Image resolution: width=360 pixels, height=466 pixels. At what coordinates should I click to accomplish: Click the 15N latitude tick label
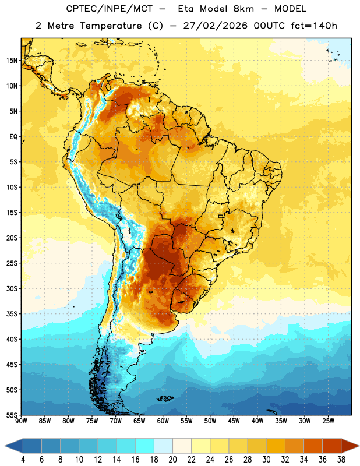click(x=12, y=61)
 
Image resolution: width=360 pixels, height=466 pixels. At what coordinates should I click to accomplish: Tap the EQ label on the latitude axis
click(x=13, y=137)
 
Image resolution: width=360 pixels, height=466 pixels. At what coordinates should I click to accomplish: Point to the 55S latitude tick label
click(x=12, y=415)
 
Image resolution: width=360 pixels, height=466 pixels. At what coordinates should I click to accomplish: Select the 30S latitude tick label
click(x=12, y=288)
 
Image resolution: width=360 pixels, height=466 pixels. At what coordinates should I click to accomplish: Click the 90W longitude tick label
click(x=21, y=421)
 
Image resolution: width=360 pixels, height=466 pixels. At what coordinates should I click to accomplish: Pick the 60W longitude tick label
click(x=163, y=421)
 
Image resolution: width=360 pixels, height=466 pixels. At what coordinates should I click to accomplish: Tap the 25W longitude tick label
click(x=328, y=421)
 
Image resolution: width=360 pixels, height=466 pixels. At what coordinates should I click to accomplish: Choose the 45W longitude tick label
click(x=234, y=421)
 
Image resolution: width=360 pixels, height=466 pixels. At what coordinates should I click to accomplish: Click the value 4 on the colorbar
click(x=23, y=460)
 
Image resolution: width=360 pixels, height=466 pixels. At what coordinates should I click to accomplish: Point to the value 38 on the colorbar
click(x=341, y=460)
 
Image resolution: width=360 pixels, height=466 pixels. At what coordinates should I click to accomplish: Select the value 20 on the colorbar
click(x=172, y=460)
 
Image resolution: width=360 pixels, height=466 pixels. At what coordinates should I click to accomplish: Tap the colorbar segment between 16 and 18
click(x=145, y=446)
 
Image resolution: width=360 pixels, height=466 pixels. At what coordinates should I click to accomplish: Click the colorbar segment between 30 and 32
click(x=276, y=446)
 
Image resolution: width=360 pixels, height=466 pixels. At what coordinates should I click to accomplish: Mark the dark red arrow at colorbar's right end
click(x=350, y=446)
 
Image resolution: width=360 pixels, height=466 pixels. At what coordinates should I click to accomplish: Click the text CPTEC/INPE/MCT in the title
click(x=110, y=9)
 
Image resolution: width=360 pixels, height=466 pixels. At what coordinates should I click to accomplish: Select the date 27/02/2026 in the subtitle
click(x=215, y=26)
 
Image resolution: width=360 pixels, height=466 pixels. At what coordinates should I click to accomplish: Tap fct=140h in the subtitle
click(x=314, y=26)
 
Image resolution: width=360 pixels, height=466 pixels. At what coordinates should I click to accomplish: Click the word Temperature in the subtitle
click(x=111, y=26)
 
